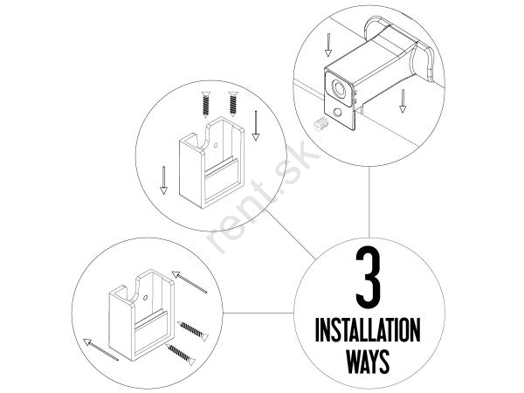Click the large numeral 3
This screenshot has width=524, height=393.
coord(368,278)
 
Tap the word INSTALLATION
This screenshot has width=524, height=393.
coord(368,329)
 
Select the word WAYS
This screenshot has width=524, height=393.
coord(368,361)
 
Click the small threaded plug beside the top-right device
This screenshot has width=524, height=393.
coord(321,124)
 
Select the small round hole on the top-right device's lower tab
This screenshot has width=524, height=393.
coord(338,112)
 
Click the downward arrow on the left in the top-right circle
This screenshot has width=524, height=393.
coord(328,45)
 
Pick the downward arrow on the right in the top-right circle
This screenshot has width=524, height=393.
coord(403,100)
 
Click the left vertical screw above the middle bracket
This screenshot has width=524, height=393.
coord(206,104)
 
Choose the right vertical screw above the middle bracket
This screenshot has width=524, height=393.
coord(233,104)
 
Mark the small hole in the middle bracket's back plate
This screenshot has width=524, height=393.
coord(216,145)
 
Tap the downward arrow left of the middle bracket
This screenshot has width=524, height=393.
coord(163,180)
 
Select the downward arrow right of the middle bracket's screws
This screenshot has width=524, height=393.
coord(256,126)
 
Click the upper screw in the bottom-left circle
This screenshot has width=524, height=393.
coord(193,331)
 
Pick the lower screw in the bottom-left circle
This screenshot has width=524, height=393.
coord(181,355)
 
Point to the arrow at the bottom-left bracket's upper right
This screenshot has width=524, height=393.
coord(190,282)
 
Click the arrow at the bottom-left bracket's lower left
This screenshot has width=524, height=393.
coord(100,349)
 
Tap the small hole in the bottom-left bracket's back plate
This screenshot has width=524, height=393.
coord(145,298)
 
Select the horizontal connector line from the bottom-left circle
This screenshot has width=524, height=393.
coord(259,314)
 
